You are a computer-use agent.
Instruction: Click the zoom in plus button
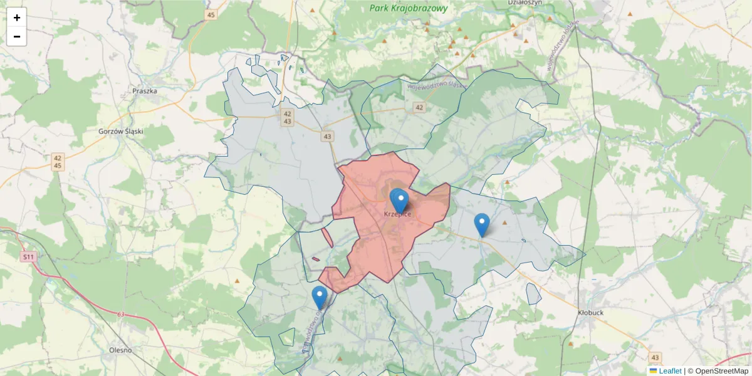[x=17, y=18]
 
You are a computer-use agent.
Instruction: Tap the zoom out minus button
[x=17, y=36]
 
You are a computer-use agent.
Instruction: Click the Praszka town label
[x=145, y=91]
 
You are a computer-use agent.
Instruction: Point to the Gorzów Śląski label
[x=122, y=132]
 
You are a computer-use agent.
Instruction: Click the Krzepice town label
[x=397, y=214]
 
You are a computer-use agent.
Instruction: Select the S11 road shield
[x=28, y=257]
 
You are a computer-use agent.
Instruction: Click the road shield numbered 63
[x=121, y=314]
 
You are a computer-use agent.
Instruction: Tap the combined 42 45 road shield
[x=58, y=162]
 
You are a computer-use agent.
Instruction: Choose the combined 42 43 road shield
[x=287, y=117]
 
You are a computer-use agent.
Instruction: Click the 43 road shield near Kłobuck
[x=655, y=357]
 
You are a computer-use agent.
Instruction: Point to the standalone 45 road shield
[x=211, y=14]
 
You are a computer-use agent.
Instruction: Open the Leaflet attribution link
[x=669, y=371]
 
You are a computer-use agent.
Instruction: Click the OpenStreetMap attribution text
[x=718, y=371]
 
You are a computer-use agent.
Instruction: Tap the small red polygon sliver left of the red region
[x=326, y=237]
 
